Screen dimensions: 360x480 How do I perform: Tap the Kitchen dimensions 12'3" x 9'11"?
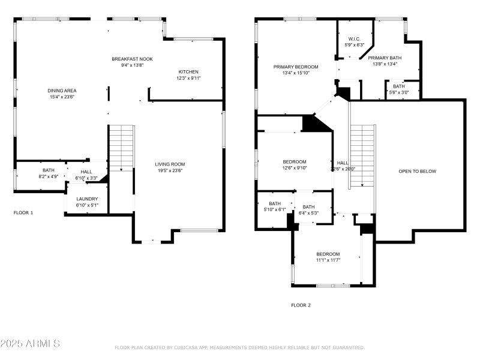coord(188,78)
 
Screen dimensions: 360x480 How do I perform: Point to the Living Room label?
coord(170,164)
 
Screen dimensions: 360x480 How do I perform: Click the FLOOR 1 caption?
coord(23,212)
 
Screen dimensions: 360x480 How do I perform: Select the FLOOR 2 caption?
coord(301,305)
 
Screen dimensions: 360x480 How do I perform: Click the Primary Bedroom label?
coord(296,67)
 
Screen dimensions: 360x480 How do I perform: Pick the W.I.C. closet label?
coord(354,39)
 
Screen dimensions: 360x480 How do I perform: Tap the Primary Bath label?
coord(385,58)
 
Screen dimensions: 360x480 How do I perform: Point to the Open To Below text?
coord(418,172)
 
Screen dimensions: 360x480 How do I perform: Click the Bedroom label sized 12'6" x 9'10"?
coord(295,161)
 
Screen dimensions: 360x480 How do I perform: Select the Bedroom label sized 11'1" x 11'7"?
coord(328,254)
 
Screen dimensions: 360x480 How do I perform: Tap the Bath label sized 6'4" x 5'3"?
coord(308,207)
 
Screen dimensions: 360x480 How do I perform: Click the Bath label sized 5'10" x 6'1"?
coord(274,203)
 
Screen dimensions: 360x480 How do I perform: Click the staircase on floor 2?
coord(362,155)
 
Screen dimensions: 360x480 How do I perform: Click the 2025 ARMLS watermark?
coord(30,343)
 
